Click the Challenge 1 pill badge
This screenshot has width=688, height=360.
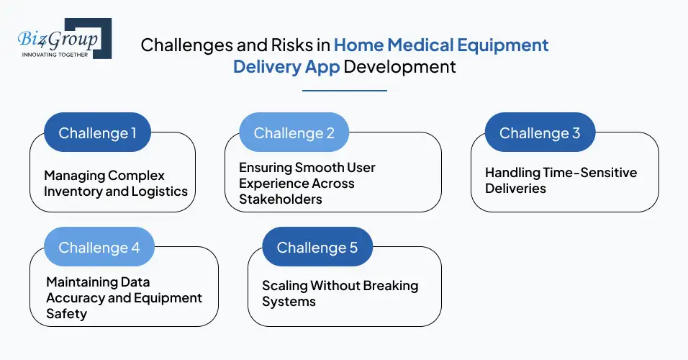(97, 132)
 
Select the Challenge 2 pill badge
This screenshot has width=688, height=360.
(294, 132)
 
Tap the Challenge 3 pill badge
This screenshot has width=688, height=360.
(539, 132)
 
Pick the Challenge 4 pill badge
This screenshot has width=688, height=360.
(99, 247)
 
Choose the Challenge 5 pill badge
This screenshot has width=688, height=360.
(317, 247)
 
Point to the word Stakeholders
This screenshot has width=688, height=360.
(281, 199)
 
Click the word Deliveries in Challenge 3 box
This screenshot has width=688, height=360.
(515, 189)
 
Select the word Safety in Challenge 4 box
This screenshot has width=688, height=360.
(66, 314)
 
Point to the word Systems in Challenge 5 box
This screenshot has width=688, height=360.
(289, 302)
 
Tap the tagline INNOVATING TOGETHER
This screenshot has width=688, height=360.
(55, 55)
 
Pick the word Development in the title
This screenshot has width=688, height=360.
(399, 67)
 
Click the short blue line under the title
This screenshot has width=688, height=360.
(344, 91)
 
